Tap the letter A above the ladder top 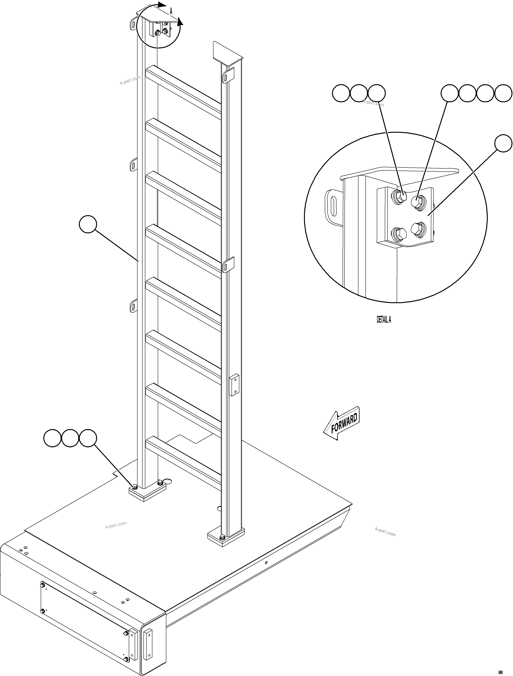(171, 12)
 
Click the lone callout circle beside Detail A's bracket (503, 143)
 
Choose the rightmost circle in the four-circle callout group (503, 93)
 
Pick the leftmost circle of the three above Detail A (341, 93)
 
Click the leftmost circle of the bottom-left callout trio (53, 438)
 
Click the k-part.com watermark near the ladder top (130, 80)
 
